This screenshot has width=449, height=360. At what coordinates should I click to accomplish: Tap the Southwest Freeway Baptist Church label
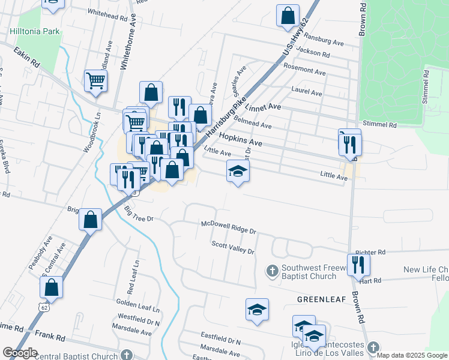[311, 272]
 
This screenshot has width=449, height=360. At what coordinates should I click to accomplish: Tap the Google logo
[20, 352]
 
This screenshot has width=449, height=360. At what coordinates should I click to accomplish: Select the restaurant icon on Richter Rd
[358, 265]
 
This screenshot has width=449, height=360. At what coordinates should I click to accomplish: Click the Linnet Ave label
[267, 107]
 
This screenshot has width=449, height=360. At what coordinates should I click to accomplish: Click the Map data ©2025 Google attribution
[412, 355]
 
